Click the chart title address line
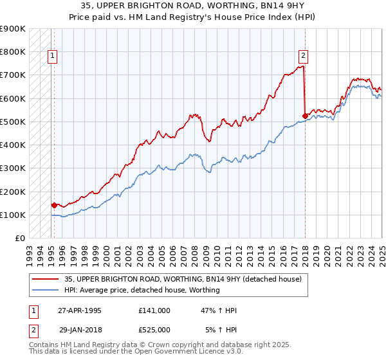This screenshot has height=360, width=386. (x=193, y=6)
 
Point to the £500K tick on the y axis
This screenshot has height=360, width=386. (x=13, y=122)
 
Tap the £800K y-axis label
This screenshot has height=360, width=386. (x=13, y=51)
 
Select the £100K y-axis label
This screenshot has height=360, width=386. (x=13, y=215)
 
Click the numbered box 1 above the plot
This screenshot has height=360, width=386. (x=52, y=56)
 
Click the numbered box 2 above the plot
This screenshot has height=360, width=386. (x=303, y=56)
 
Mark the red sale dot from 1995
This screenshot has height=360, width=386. (x=54, y=205)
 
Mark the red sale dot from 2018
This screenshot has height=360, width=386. (x=305, y=116)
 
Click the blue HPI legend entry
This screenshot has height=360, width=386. (x=142, y=290)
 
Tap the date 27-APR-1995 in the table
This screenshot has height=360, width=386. (x=80, y=310)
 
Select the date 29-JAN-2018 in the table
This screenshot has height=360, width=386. (x=80, y=329)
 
